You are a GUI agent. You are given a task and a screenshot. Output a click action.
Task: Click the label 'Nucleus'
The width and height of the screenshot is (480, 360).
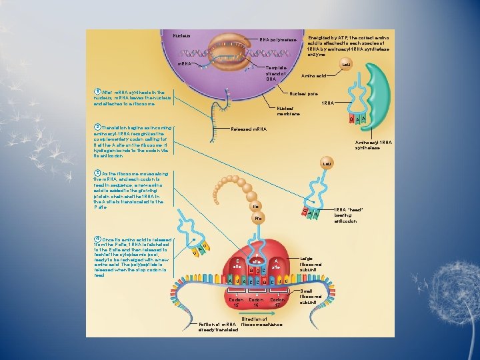[181, 35]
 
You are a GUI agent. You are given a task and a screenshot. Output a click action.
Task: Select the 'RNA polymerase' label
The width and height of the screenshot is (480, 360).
[277, 40]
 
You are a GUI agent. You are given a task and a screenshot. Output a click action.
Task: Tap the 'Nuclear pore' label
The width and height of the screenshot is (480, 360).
[303, 93]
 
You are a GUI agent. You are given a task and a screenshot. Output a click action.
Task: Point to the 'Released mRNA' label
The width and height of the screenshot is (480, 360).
[248, 129]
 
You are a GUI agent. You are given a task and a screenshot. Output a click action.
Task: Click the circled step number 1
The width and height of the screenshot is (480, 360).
[97, 92]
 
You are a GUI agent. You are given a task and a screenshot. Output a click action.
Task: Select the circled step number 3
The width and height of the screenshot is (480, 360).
[97, 173]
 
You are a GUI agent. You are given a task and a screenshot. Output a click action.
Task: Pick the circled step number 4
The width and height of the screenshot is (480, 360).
[97, 239]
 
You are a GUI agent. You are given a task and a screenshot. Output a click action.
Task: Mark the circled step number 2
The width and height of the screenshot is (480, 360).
[97, 127]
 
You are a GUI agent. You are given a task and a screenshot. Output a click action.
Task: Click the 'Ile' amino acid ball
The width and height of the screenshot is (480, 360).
[255, 207]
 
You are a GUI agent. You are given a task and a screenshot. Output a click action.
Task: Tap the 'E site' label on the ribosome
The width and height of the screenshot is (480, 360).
[237, 263]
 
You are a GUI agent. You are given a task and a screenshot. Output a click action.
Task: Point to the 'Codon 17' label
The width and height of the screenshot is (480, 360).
[278, 303]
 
